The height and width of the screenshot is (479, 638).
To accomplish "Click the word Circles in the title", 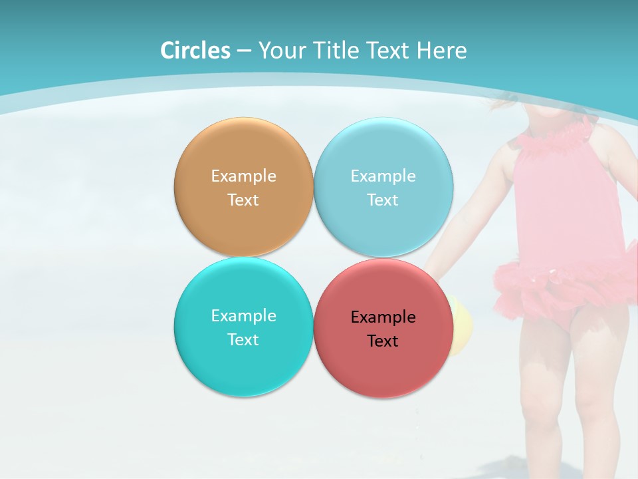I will click(195, 51).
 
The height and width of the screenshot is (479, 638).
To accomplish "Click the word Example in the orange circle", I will click(243, 176).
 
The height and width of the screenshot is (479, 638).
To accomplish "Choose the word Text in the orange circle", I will click(243, 200).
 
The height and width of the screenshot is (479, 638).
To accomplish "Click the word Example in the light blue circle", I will click(383, 176).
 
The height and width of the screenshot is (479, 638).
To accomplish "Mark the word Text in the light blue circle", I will click(383, 200).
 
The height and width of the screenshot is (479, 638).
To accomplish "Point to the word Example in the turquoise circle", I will click(243, 316).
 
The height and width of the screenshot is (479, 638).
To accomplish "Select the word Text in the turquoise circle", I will click(243, 340).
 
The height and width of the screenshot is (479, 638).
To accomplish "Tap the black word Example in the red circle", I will click(383, 317).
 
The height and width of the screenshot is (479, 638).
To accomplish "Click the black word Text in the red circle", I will click(383, 341).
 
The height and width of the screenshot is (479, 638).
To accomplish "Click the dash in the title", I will click(245, 51).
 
